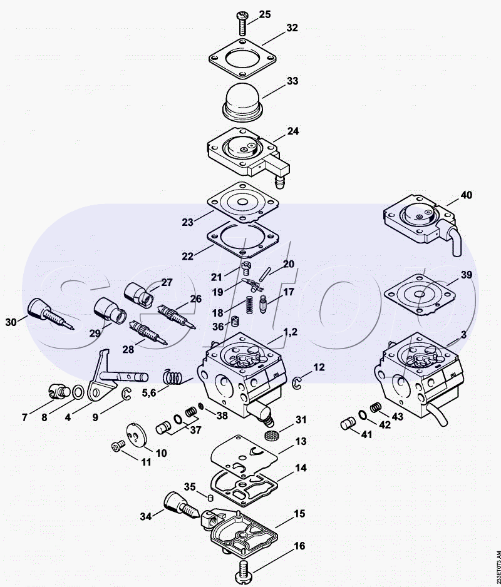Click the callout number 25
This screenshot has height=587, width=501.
pyautogui.click(x=264, y=14)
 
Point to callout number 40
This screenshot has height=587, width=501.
pyautogui.click(x=466, y=195)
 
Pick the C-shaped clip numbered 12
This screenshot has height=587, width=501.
pyautogui.click(x=297, y=382)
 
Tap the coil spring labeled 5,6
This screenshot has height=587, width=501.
pyautogui.click(x=173, y=377)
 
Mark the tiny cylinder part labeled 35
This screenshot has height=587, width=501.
pyautogui.click(x=210, y=497)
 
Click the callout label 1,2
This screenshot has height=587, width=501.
pyautogui.click(x=291, y=332)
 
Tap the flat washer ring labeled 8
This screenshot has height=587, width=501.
pyautogui.click(x=78, y=392)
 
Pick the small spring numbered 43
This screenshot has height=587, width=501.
pyautogui.click(x=375, y=407)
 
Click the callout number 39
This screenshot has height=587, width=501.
pyautogui.click(x=466, y=275)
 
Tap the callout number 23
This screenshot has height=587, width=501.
pyautogui.click(x=187, y=222)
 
